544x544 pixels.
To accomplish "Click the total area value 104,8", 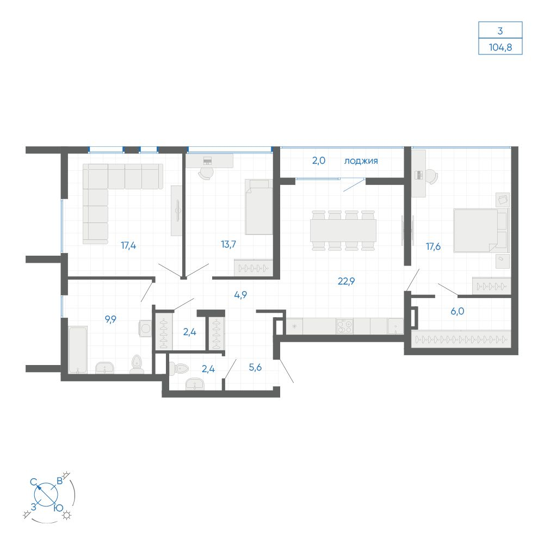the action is tap(500, 47).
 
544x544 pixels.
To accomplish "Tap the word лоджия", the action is tap(361, 161).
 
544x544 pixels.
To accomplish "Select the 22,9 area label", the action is tap(346, 281).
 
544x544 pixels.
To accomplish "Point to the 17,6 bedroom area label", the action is tap(434, 246).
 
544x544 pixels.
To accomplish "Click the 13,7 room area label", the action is tap(228, 244).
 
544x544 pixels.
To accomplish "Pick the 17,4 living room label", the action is tap(128, 246).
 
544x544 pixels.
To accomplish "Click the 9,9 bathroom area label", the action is tap(110, 319).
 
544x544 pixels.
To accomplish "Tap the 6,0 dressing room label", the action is tap(458, 311).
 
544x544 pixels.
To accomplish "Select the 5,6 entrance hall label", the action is tap(255, 367).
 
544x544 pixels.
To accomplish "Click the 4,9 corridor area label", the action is tap(240, 295).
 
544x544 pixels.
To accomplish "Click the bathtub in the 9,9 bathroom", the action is tap(77, 350).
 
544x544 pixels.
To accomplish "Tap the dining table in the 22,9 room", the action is tap(343, 230).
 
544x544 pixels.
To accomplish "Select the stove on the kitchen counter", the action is tap(344, 326).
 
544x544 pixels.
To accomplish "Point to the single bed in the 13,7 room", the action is tap(259, 207).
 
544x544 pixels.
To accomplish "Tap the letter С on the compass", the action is tap(34, 482).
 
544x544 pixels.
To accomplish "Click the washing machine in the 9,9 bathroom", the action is tap(145, 328).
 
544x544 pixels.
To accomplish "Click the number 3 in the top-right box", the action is tap(500, 31).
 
